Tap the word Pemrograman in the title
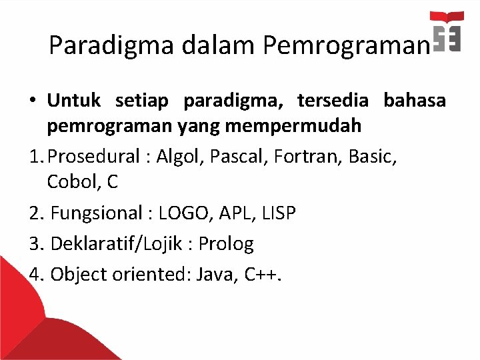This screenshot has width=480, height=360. tap(345, 45)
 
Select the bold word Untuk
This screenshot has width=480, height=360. tap(74, 101)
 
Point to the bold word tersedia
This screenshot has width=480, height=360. tap(333, 101)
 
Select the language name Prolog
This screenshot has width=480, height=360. tap(226, 244)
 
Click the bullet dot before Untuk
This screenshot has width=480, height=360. tap(32, 101)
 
